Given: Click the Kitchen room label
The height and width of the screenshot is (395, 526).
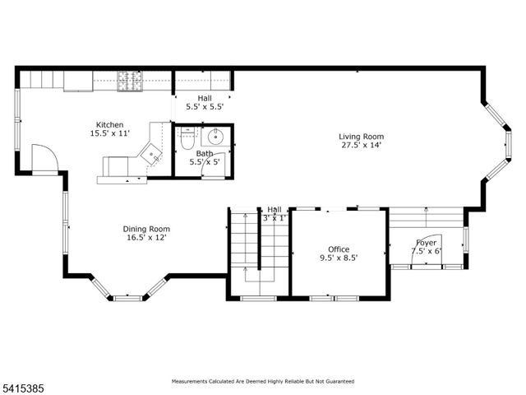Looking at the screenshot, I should click(x=109, y=125).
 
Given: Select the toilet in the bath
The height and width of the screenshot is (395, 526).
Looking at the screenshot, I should click(x=186, y=141).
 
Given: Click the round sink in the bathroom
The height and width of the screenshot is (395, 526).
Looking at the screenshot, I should click(x=217, y=137).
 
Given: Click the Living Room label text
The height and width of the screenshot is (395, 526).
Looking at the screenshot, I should click(x=362, y=137).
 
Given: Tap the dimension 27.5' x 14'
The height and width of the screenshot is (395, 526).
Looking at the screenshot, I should click(x=362, y=146).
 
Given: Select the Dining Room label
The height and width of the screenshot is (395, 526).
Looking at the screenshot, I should click(x=146, y=229).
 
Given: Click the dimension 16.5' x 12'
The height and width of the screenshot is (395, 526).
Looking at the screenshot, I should click(x=146, y=239).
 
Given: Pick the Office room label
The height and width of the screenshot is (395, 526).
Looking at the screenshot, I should click(x=339, y=249).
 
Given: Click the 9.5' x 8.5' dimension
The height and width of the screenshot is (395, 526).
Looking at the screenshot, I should click(x=339, y=258).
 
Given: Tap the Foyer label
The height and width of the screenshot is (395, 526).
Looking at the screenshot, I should click(x=426, y=243).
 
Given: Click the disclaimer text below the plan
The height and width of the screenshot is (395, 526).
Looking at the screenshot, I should click(x=262, y=382).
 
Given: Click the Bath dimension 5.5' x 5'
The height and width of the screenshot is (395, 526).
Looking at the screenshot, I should click(x=205, y=162).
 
